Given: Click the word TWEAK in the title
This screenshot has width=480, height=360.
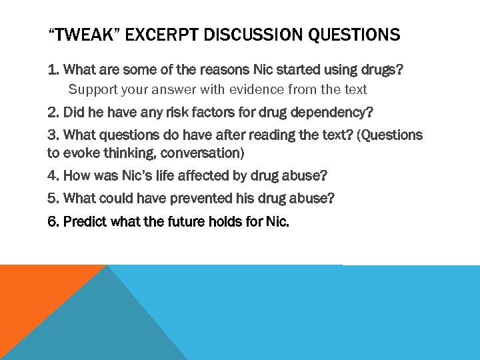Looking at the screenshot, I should point(86,35).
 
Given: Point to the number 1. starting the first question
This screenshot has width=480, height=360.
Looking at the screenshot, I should point(53,69).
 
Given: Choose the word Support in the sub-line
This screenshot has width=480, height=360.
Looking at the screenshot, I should point(91,89).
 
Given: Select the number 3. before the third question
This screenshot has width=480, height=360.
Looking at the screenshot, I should point(53,135).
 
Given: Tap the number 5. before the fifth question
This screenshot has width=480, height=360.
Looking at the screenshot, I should point(53,199).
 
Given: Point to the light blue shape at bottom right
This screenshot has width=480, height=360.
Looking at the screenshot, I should point(333,313).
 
